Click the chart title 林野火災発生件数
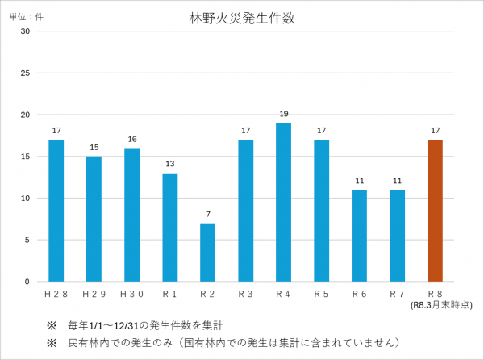(x=242, y=19)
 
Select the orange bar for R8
(x=435, y=211)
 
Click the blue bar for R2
(x=207, y=253)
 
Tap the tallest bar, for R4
(x=283, y=202)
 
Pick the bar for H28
(x=56, y=211)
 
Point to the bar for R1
(x=169, y=227)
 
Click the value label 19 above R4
(x=283, y=115)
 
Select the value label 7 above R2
(x=207, y=215)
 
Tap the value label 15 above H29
(x=94, y=148)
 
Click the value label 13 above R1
(x=169, y=165)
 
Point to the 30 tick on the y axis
(x=25, y=31)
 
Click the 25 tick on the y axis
(x=25, y=73)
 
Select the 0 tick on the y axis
(x=27, y=282)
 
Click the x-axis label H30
(x=131, y=294)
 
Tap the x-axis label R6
(x=359, y=294)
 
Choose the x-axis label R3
(x=245, y=294)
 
